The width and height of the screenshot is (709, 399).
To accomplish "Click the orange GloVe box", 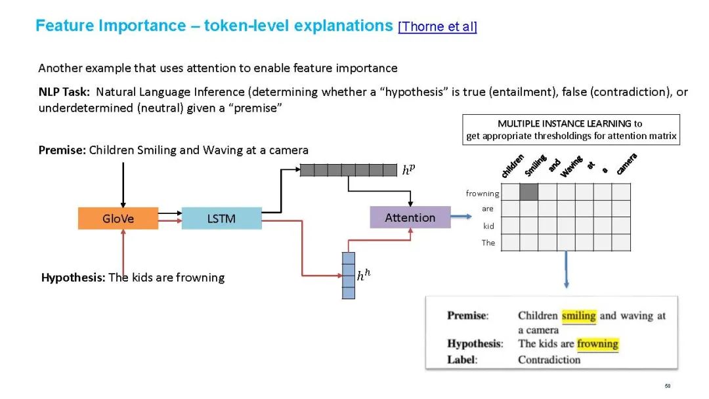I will click(118, 219).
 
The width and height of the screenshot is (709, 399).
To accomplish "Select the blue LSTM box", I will click(221, 219).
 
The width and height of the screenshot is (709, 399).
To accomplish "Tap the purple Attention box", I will click(410, 217).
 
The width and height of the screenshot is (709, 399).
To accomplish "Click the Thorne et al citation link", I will click(437, 27).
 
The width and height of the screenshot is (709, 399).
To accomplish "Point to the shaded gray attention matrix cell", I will click(529, 192).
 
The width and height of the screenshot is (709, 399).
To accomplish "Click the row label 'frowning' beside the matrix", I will click(483, 194).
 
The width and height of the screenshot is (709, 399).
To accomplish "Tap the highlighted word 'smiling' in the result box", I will click(578, 316).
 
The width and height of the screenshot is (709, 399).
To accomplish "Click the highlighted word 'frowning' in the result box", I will click(597, 344).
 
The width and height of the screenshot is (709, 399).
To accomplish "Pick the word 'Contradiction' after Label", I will click(549, 360).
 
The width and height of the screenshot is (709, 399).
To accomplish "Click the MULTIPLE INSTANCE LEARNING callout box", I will click(570, 130).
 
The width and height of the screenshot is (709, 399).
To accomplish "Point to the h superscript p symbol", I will click(408, 171).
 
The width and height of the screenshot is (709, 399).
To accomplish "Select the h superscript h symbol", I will click(364, 276).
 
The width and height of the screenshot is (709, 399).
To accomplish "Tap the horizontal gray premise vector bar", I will click(348, 170).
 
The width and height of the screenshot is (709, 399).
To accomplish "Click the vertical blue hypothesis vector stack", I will click(349, 276).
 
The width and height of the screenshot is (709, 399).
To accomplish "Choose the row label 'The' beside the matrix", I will click(488, 243).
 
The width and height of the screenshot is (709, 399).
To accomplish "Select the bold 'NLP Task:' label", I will click(64, 92).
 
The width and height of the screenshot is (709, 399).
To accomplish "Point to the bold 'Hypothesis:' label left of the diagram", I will click(74, 278).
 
